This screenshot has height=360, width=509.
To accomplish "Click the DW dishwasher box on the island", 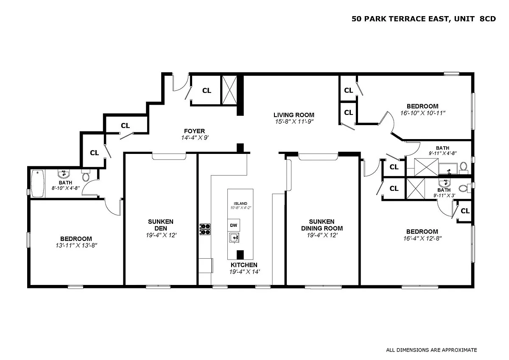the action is click(x=234, y=225).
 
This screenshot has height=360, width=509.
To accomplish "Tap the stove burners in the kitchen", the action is click(x=205, y=229).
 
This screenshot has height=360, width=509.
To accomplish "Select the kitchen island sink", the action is click(x=234, y=238).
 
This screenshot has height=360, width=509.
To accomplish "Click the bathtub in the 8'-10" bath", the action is click(x=38, y=184).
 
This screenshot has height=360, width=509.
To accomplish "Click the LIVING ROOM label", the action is click(x=294, y=115).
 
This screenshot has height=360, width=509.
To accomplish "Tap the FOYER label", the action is click(x=195, y=131).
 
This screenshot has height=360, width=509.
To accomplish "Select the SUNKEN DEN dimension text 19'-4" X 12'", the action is click(x=161, y=235).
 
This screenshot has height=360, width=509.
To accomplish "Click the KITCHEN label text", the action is click(x=244, y=265).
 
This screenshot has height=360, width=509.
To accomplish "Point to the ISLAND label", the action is click(x=241, y=204).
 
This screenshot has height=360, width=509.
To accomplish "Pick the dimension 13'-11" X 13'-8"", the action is click(x=76, y=246).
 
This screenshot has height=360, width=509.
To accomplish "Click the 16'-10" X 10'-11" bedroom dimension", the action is click(x=422, y=113).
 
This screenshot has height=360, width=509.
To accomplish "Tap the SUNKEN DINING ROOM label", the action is click(x=322, y=225).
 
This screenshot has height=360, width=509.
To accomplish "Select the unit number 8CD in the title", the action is click(x=488, y=19).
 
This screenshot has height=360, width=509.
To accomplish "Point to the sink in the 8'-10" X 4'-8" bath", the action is click(x=64, y=174).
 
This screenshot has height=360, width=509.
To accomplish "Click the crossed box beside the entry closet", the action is click(x=229, y=90).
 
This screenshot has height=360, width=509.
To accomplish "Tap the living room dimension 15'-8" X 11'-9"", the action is click(x=294, y=122).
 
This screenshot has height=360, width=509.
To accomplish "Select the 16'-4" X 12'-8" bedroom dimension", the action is click(x=422, y=238).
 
